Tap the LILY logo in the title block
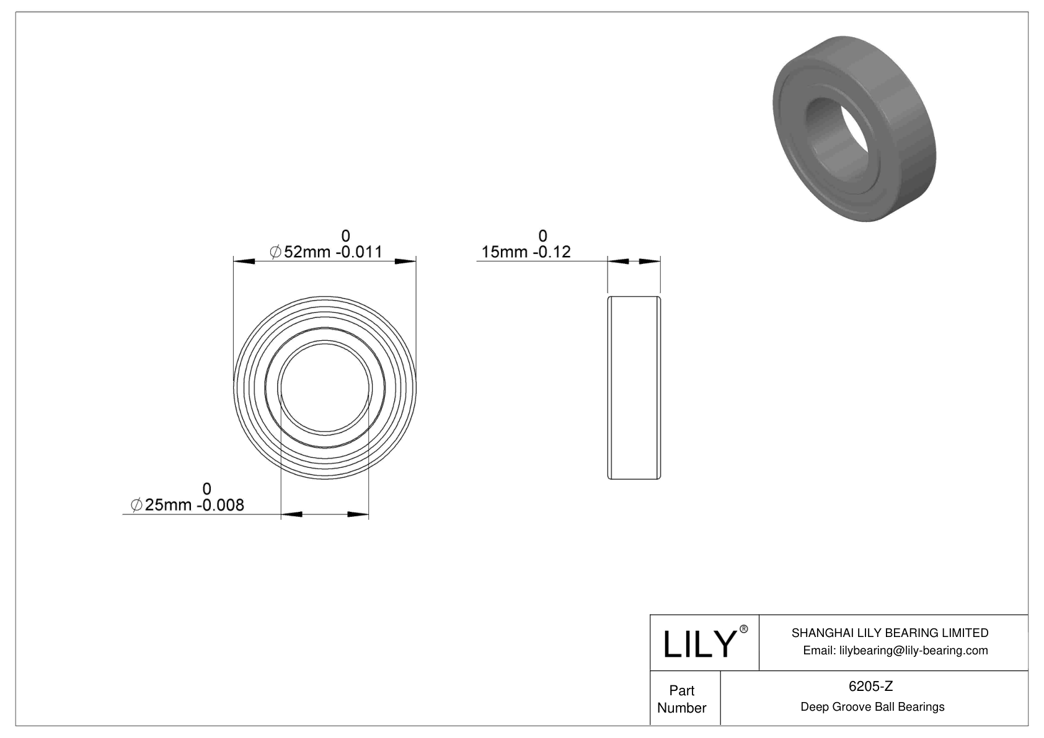[699, 644]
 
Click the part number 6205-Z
[870, 686]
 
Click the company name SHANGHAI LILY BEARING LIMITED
[890, 633]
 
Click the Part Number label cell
[682, 699]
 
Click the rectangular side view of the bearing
[634, 388]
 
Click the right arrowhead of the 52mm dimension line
[405, 261]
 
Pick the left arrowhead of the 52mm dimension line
[244, 261]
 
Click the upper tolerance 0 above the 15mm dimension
[542, 235]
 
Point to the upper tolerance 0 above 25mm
[207, 488]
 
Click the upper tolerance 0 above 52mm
[346, 235]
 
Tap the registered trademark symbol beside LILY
[744, 630]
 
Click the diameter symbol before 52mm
[276, 252]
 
